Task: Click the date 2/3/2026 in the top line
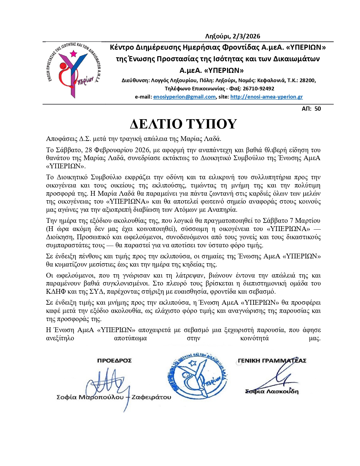tap(245, 36)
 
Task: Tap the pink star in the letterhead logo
tap(73, 53)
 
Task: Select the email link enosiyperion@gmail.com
tap(184, 97)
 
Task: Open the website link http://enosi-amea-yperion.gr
tap(266, 97)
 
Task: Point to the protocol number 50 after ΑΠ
tap(318, 109)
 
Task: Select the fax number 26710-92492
tap(258, 89)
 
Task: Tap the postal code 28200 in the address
tap(307, 80)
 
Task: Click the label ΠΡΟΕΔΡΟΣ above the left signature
tap(114, 361)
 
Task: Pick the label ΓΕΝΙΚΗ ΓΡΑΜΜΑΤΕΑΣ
tap(272, 361)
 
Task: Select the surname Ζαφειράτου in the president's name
tap(151, 397)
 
